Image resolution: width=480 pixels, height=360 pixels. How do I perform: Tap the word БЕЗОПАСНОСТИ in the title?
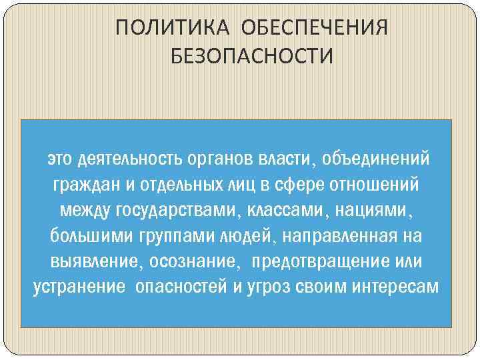tap(251, 57)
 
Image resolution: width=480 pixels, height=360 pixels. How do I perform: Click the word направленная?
tap(337, 236)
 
